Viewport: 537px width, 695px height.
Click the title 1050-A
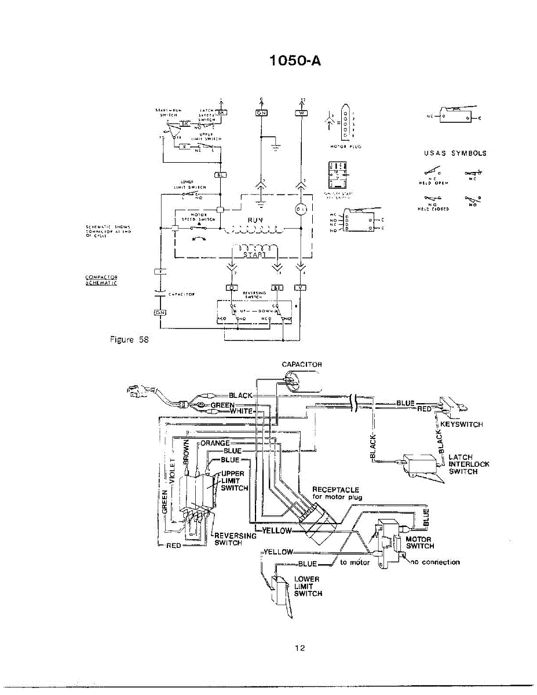[295, 60]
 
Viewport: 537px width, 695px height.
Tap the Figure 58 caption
[129, 340]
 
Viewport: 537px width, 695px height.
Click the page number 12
[299, 648]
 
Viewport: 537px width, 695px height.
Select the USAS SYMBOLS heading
[455, 153]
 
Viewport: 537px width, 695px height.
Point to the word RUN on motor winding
[255, 220]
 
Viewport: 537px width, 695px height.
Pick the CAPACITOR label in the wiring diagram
[301, 365]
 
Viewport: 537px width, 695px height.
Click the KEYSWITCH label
[462, 424]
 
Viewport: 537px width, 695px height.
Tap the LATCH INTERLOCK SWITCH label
[469, 464]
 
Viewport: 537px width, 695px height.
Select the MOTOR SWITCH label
[420, 542]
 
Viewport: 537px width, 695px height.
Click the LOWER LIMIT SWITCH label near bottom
[308, 586]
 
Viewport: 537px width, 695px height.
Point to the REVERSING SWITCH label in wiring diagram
[235, 539]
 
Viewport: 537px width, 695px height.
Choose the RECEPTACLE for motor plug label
[337, 493]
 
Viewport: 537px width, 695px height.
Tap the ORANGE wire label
[215, 443]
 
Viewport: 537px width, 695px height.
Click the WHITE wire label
[242, 411]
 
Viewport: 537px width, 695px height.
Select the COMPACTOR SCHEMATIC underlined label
[101, 280]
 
